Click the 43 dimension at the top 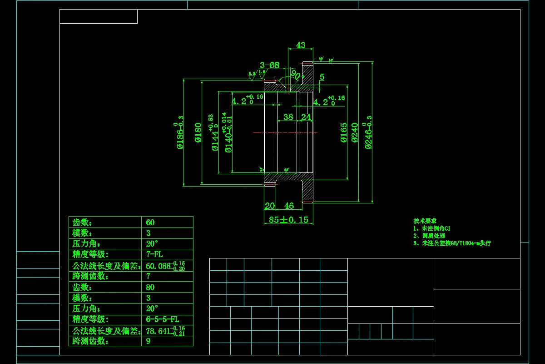click(x=301, y=45)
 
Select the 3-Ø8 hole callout click(x=269, y=65)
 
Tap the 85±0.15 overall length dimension click(x=288, y=220)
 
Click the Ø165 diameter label click(x=344, y=132)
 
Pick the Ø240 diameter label click(x=355, y=132)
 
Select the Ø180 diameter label click(x=198, y=132)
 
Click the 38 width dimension click(x=288, y=117)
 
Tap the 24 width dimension click(x=306, y=117)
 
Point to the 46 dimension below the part click(x=289, y=206)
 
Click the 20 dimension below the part click(x=270, y=206)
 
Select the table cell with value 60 click(x=150, y=222)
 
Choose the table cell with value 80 click(x=150, y=288)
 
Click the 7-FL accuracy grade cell click(x=154, y=254)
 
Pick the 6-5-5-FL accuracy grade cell click(x=162, y=319)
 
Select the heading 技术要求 click(x=425, y=221)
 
